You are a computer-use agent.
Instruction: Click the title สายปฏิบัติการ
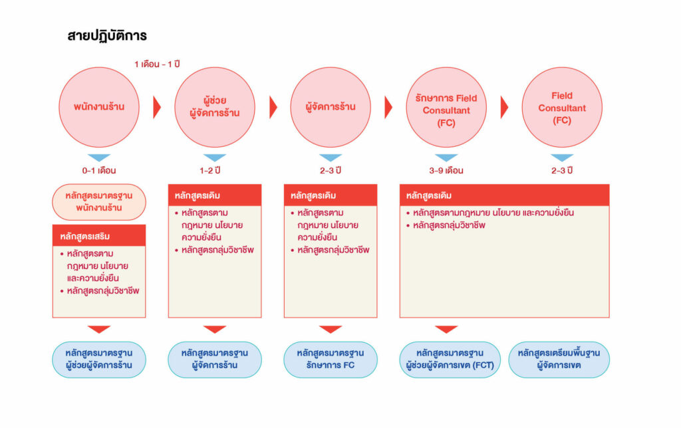tap(107, 36)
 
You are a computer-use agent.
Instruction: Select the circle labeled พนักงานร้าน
tap(99, 107)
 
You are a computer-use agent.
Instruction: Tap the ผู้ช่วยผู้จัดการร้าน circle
tap(215, 107)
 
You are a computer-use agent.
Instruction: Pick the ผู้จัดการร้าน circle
tap(331, 107)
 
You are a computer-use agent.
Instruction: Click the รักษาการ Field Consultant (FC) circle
tap(446, 107)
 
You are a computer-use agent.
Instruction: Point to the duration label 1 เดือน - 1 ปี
tap(157, 64)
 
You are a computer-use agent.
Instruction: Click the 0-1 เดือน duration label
tap(99, 171)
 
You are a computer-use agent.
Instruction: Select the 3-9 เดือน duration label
tap(446, 171)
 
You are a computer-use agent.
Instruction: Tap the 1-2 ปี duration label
tap(209, 171)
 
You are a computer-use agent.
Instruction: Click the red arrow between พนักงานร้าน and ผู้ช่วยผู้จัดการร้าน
tap(157, 107)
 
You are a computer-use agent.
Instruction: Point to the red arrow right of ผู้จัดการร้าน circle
tap(388, 107)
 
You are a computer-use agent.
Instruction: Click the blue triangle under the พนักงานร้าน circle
tap(99, 157)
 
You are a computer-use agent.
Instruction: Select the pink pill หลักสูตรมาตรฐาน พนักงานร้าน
tap(99, 202)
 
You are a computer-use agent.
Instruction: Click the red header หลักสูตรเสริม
tap(99, 236)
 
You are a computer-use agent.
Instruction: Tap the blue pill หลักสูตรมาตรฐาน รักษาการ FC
tap(331, 360)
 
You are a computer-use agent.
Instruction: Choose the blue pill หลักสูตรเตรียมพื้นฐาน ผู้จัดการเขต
tap(559, 360)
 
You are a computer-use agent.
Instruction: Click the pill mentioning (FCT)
tap(450, 360)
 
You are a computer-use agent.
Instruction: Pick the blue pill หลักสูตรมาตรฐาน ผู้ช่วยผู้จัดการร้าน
tap(99, 360)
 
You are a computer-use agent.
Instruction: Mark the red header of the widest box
tap(504, 195)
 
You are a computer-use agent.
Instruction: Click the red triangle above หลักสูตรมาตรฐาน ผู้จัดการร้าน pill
tap(215, 329)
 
